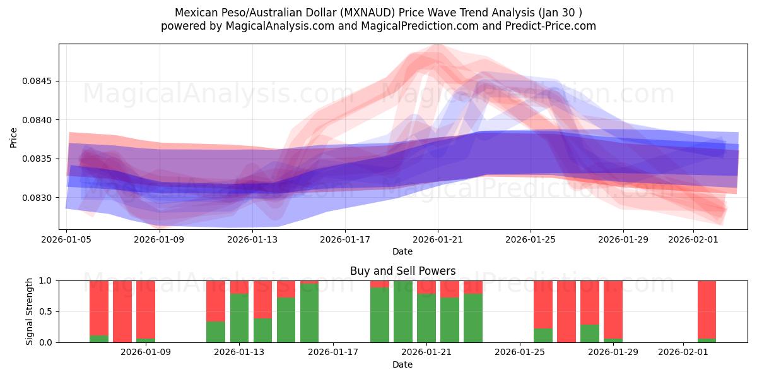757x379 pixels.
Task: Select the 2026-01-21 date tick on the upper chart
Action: pos(438,239)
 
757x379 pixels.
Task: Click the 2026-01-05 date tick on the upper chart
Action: pos(67,239)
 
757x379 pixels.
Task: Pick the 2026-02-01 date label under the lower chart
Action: pos(683,352)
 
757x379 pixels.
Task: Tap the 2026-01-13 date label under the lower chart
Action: pos(239,352)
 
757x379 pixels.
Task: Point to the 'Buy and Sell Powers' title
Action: pos(402,271)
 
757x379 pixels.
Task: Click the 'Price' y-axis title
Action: pos(14,137)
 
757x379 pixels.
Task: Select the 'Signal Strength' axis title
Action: pos(30,311)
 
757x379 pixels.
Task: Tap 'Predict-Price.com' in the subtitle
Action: pos(548,26)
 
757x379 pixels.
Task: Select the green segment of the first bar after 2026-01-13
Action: pos(262,330)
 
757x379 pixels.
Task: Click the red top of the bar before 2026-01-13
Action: pos(216,301)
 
